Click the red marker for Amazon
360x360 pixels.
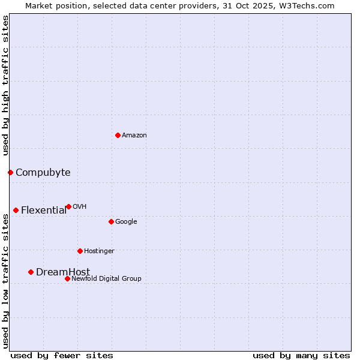(x=118, y=135)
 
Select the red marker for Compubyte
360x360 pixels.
(x=10, y=172)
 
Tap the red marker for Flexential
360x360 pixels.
(x=16, y=210)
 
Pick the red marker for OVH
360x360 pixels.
(x=68, y=206)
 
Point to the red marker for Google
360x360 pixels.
(x=111, y=221)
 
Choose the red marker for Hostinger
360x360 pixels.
(x=80, y=251)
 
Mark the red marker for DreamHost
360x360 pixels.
(x=31, y=272)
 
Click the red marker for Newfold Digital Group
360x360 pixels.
(x=67, y=278)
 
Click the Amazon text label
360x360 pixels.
(x=134, y=136)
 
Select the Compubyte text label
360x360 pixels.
(x=43, y=173)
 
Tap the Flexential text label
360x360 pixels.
(x=44, y=211)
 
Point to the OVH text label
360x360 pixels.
(x=80, y=207)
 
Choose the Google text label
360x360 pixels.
(x=126, y=222)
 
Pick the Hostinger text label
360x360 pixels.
(x=99, y=251)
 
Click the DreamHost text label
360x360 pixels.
(x=63, y=272)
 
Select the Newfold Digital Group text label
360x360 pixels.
(x=106, y=279)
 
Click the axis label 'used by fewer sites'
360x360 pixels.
(x=62, y=355)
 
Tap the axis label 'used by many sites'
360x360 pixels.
(x=301, y=355)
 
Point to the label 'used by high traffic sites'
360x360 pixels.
(x=5, y=86)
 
